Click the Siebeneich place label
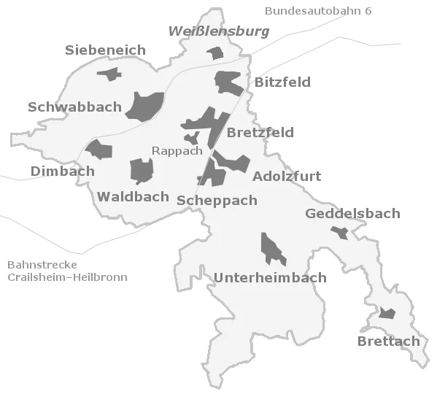(105, 50)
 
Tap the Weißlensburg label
(218, 31)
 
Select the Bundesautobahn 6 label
(318, 11)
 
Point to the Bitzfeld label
(282, 82)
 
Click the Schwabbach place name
(74, 107)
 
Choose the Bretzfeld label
(260, 132)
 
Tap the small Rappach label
(177, 151)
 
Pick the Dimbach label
(63, 171)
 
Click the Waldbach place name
(134, 196)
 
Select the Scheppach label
(217, 200)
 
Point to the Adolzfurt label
(287, 177)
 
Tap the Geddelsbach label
(352, 214)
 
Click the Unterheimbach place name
(270, 278)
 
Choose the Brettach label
(389, 341)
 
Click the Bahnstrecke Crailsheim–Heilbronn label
(67, 271)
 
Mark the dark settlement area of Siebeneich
(109, 74)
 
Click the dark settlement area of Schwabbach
(145, 106)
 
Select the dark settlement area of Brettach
(387, 314)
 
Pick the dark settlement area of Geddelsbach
(339, 232)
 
